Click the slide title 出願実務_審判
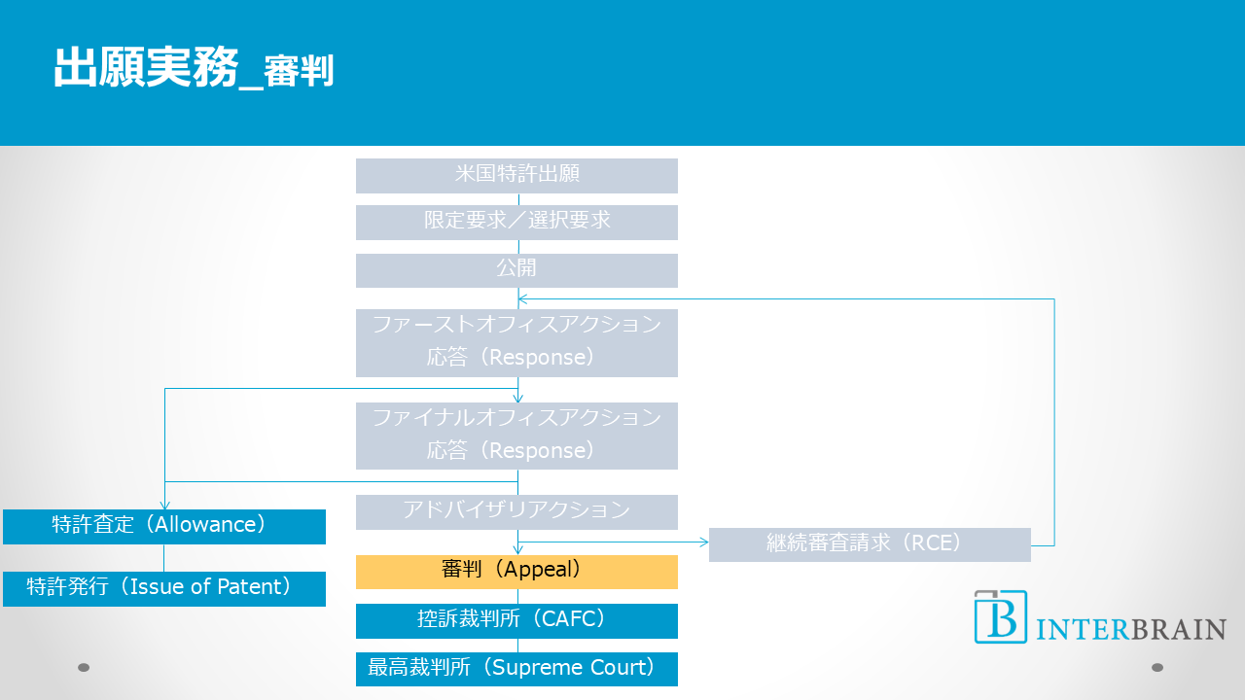[194, 69]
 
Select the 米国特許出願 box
[516, 175]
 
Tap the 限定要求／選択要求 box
[516, 222]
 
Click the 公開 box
[516, 269]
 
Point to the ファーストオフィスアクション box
[516, 342]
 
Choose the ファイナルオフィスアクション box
[516, 436]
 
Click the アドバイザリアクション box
[516, 511]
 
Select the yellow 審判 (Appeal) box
[516, 572]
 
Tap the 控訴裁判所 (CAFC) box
[516, 620]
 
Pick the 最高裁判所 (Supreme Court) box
[516, 669]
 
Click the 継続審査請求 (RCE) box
[870, 544]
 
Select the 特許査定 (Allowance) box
[163, 526]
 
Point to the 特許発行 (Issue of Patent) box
[163, 588]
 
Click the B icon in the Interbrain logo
[1001, 616]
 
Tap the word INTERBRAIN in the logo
[1131, 629]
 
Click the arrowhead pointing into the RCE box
[703, 542]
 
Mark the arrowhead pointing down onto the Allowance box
[164, 505]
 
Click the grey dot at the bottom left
[84, 667]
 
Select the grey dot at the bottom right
[1157, 667]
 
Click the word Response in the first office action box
[538, 358]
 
